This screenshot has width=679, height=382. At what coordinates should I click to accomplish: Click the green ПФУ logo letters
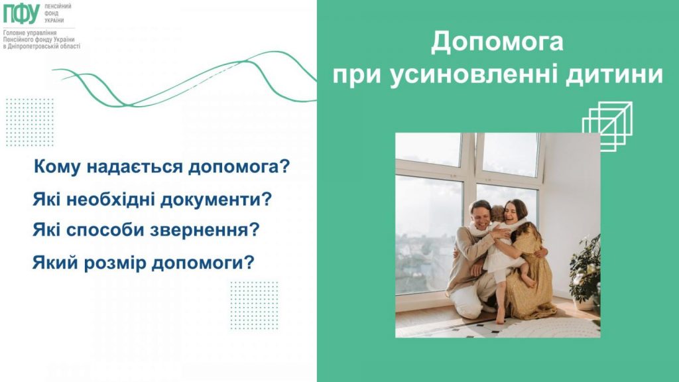[x=21, y=13]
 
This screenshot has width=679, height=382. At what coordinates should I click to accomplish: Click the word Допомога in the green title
[x=497, y=42]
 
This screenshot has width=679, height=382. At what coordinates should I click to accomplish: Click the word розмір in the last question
[x=111, y=262]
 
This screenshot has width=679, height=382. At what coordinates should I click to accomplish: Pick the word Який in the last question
[x=51, y=262]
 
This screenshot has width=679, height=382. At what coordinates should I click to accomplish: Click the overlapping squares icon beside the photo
[x=607, y=125]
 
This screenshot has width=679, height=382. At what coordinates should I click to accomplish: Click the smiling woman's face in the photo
[x=513, y=211]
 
